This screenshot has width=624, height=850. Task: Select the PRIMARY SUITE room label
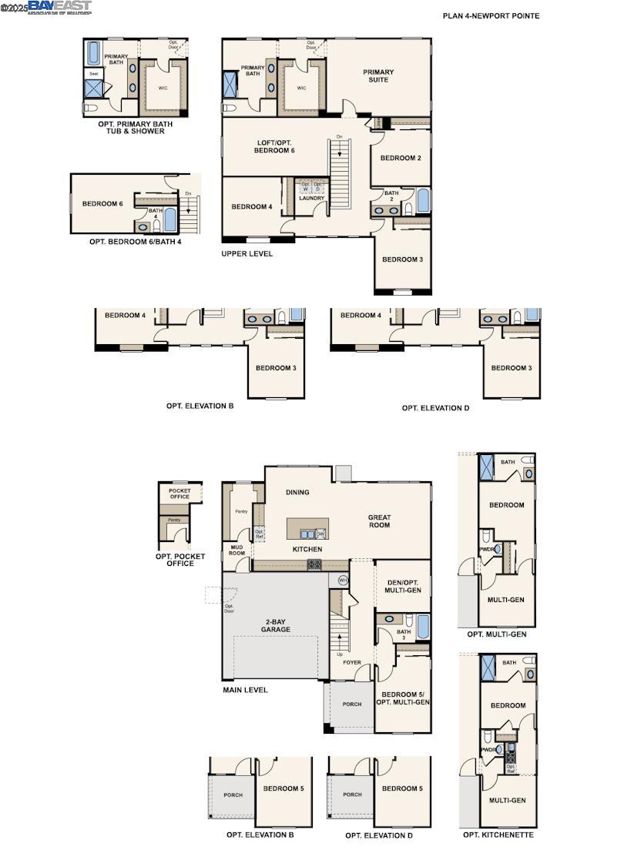(x=377, y=75)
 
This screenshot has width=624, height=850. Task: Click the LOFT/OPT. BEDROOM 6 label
(x=274, y=146)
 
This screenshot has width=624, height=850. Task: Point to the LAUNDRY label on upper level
(x=311, y=198)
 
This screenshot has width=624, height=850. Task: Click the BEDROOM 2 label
(x=401, y=158)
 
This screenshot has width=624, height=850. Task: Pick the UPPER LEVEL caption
(x=247, y=253)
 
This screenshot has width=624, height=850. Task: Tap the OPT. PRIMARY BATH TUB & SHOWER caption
(x=135, y=127)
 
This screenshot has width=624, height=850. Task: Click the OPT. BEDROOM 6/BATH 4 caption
(x=135, y=241)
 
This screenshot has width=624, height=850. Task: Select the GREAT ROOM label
(x=379, y=521)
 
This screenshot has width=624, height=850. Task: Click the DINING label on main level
(x=297, y=492)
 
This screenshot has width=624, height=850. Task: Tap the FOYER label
(x=351, y=662)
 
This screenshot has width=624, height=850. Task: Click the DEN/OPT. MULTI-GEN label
(x=402, y=585)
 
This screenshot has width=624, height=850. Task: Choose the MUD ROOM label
(x=237, y=550)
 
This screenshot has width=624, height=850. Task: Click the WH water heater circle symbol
(x=344, y=580)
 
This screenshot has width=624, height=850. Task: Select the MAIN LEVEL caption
(x=245, y=690)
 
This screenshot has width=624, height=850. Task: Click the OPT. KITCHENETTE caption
(x=498, y=835)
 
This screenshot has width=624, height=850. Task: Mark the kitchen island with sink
(x=307, y=530)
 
